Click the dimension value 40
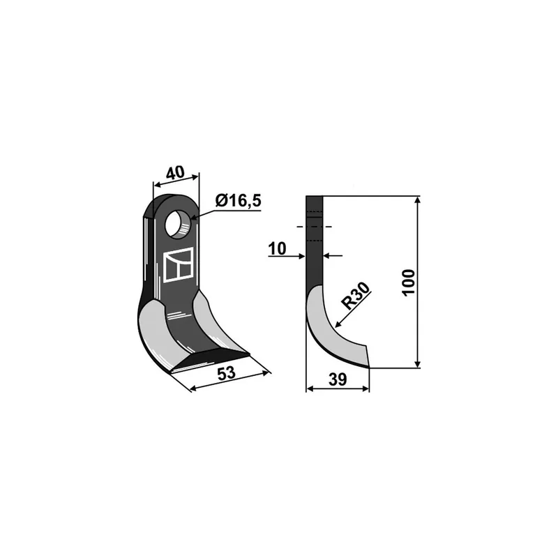(x=176, y=172)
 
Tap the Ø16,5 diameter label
(x=238, y=201)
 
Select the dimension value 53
(x=226, y=373)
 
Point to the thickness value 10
(x=277, y=249)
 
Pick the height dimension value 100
(x=409, y=282)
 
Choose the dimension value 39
(x=338, y=379)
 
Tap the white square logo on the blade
(x=179, y=265)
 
